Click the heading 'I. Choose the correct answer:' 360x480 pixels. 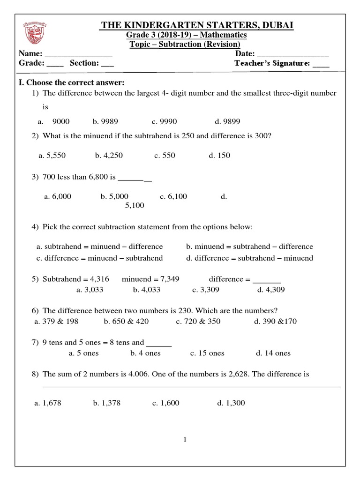[x=72, y=83]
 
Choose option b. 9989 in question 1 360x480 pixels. [x=105, y=122]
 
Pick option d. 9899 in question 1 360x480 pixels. [x=227, y=122]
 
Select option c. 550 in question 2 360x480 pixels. [x=165, y=156]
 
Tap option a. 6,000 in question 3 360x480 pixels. [x=58, y=197]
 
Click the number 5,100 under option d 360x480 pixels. [x=135, y=205]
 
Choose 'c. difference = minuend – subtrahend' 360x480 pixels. [x=100, y=258]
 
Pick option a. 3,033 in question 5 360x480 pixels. [x=90, y=290]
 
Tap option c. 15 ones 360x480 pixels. [x=207, y=353]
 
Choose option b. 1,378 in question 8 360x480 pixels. [x=106, y=403]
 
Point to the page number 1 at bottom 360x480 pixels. [x=185, y=440]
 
